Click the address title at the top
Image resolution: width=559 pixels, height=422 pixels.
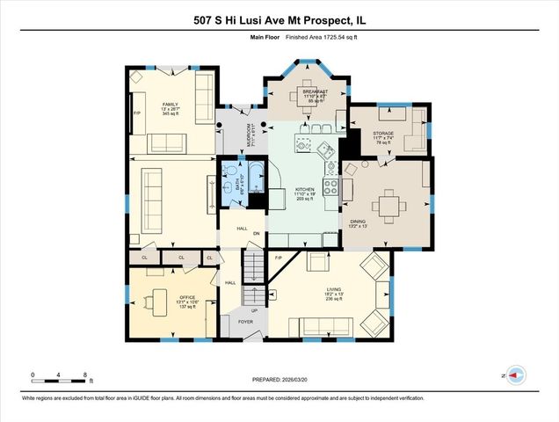[279, 19]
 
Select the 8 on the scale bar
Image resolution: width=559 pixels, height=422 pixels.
[85, 375]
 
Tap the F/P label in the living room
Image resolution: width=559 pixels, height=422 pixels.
[278, 258]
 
